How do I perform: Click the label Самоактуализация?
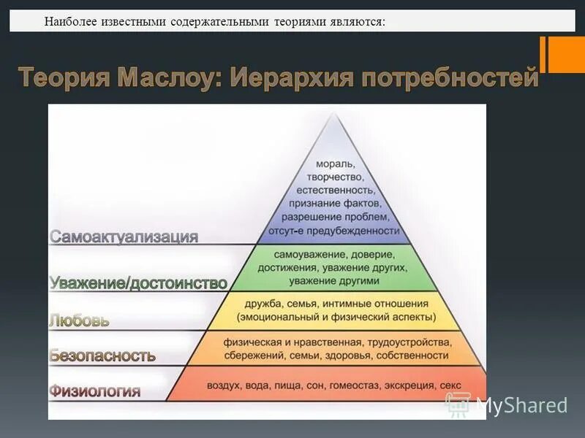pyautogui.click(x=124, y=237)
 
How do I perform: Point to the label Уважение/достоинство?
pyautogui.click(x=138, y=283)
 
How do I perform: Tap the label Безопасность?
pyautogui.click(x=102, y=356)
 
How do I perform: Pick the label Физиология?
pyautogui.click(x=95, y=391)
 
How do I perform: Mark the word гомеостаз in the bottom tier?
pyautogui.click(x=355, y=385)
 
